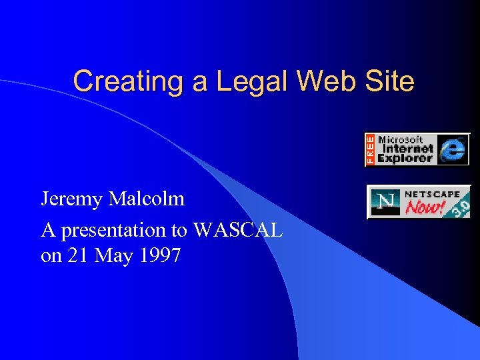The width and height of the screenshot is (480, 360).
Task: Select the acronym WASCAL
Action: tap(238, 230)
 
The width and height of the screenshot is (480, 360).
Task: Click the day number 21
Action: tap(75, 255)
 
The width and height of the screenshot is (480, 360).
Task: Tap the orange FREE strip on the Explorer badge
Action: tap(370, 149)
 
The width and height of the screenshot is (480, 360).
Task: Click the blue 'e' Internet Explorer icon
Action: tap(453, 149)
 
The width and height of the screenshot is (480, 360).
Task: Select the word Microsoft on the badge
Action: tap(401, 140)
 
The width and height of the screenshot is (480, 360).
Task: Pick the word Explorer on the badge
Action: tap(405, 159)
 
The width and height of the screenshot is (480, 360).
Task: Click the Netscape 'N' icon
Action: tap(385, 202)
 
